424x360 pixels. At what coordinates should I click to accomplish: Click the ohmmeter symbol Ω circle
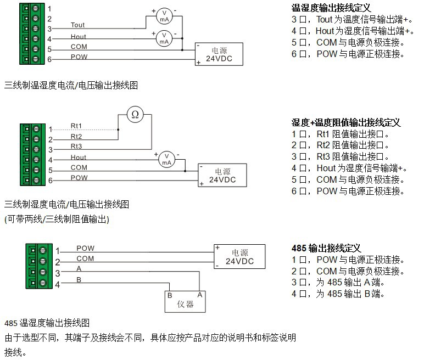click(135, 115)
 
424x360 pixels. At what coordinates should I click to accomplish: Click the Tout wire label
click(78, 25)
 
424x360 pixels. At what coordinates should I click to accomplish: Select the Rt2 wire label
click(76, 136)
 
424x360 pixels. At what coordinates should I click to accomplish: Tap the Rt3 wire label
click(76, 146)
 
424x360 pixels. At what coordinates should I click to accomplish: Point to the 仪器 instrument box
click(186, 300)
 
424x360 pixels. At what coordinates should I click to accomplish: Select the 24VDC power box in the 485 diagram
click(239, 256)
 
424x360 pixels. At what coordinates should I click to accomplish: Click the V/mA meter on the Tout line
click(164, 15)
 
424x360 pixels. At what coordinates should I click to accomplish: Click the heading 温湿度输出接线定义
click(331, 8)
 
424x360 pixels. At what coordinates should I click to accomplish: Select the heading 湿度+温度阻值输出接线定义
click(346, 122)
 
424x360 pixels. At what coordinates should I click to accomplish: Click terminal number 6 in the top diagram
click(49, 59)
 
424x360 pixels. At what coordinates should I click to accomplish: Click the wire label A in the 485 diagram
click(79, 269)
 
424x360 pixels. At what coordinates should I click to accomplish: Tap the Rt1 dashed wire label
click(76, 126)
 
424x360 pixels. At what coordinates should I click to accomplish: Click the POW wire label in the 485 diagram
click(85, 248)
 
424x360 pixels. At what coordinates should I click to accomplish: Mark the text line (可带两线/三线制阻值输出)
click(57, 219)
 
